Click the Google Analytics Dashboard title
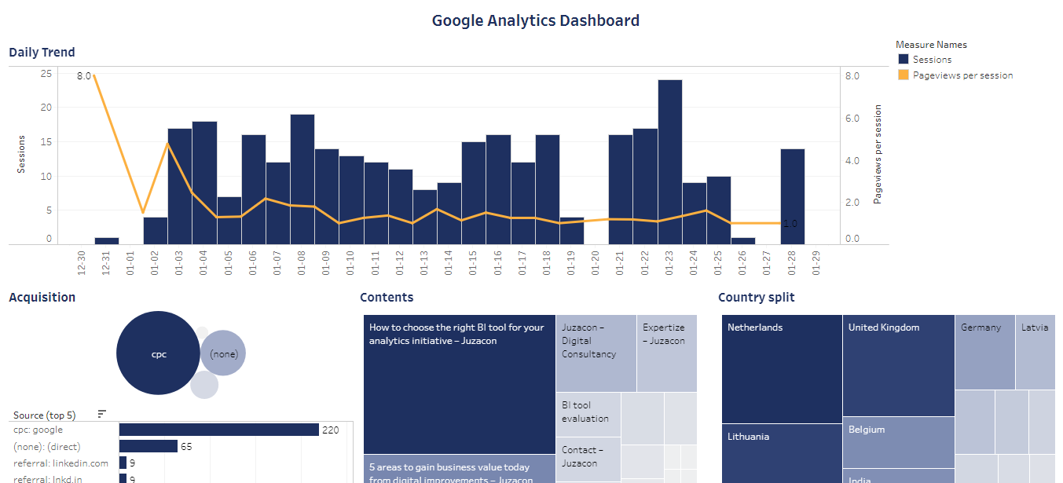click(x=535, y=21)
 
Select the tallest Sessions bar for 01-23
click(x=670, y=161)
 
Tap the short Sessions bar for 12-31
click(x=107, y=240)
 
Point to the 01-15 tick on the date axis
click(x=473, y=262)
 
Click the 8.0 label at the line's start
click(x=84, y=76)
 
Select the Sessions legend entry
click(x=931, y=60)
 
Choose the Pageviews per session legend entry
click(x=962, y=75)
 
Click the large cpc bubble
click(x=158, y=353)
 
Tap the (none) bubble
click(x=223, y=353)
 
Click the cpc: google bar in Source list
click(x=218, y=430)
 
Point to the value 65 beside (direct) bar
click(x=186, y=447)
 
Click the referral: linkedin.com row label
click(x=60, y=463)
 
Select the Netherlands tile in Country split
click(x=781, y=368)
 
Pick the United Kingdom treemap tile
click(x=898, y=365)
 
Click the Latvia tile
click(x=1035, y=351)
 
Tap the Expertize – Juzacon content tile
click(x=666, y=353)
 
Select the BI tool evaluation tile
click(x=588, y=414)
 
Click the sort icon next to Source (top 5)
click(x=101, y=414)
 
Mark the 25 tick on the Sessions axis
click(x=46, y=74)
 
